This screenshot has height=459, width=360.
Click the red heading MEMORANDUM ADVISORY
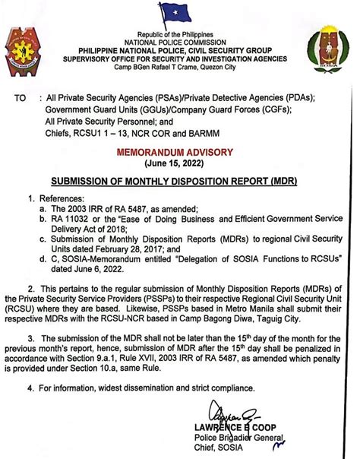click(180, 152)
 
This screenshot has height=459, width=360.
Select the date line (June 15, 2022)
click(180, 163)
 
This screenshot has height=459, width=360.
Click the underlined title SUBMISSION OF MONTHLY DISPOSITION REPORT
click(179, 182)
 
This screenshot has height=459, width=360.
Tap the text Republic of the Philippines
click(181, 35)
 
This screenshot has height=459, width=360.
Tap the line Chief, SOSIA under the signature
click(228, 449)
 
